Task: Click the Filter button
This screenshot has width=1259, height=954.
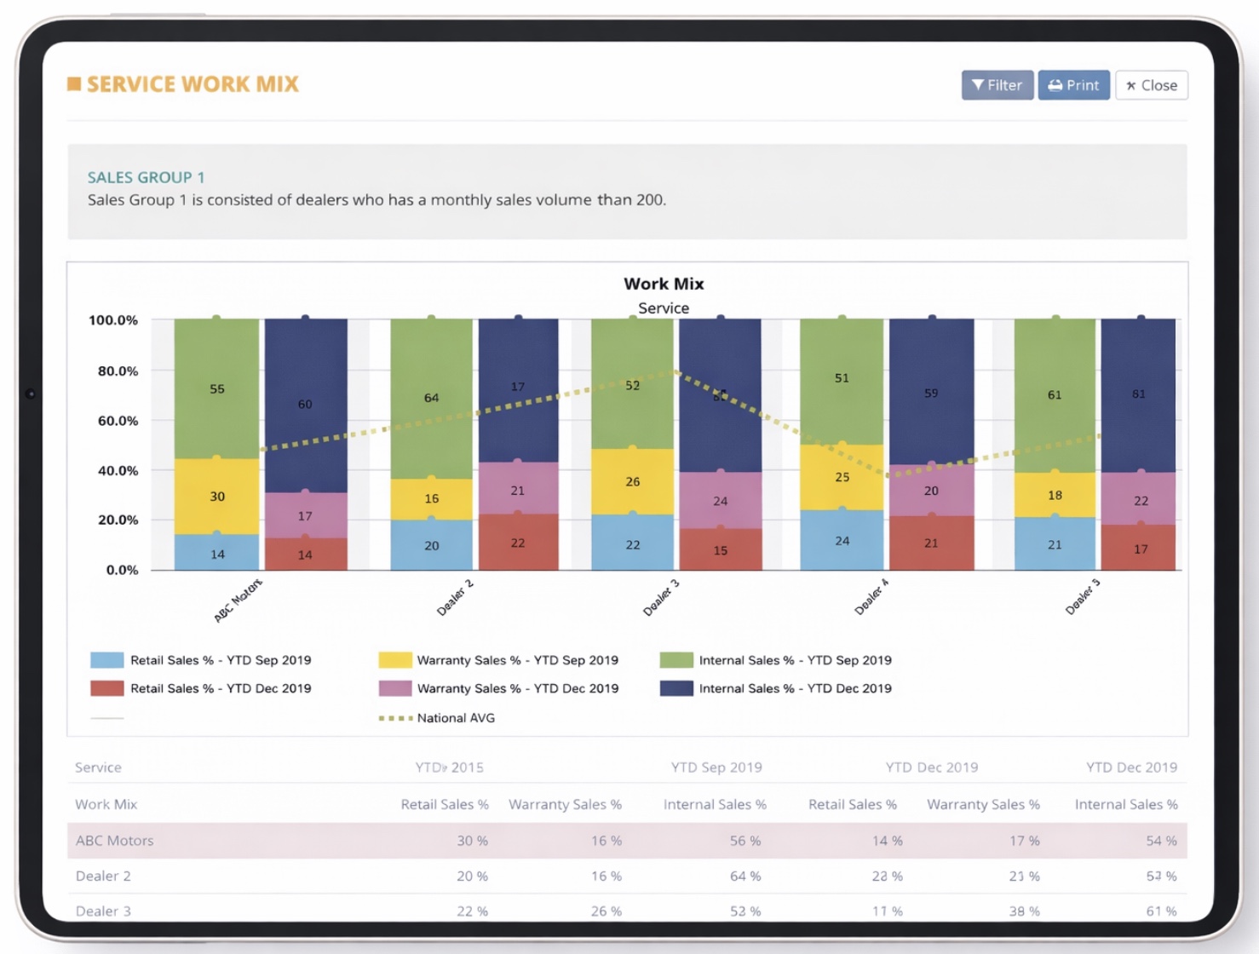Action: tap(997, 85)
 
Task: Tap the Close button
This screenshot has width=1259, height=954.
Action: tap(1151, 85)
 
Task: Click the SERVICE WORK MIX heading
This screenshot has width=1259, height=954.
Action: tap(193, 84)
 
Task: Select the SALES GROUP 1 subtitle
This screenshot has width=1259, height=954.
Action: tap(146, 177)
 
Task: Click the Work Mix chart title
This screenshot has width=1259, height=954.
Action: tap(664, 284)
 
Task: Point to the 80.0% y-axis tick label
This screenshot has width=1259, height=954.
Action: tap(118, 371)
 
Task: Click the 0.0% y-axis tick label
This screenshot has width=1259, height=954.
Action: tap(122, 570)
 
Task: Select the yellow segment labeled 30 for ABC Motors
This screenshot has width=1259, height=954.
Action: tap(217, 497)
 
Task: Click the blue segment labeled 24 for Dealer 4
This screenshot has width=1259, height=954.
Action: tap(842, 541)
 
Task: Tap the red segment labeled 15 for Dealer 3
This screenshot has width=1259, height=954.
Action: tap(721, 550)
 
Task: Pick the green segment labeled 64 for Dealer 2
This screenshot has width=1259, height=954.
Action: tap(431, 398)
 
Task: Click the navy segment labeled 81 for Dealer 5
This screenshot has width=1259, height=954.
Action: tap(1138, 394)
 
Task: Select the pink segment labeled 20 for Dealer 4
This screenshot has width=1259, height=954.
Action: tap(931, 491)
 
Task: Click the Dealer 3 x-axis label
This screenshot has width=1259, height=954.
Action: tap(661, 598)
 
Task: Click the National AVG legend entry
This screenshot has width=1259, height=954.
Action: tap(455, 718)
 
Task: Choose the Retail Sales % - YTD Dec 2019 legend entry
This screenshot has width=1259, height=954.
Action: tap(220, 688)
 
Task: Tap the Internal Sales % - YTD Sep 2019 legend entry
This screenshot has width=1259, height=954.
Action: tap(795, 660)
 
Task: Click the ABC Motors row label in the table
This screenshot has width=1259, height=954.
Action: tap(115, 841)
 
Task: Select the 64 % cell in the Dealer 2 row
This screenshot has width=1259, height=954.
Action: tap(744, 876)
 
